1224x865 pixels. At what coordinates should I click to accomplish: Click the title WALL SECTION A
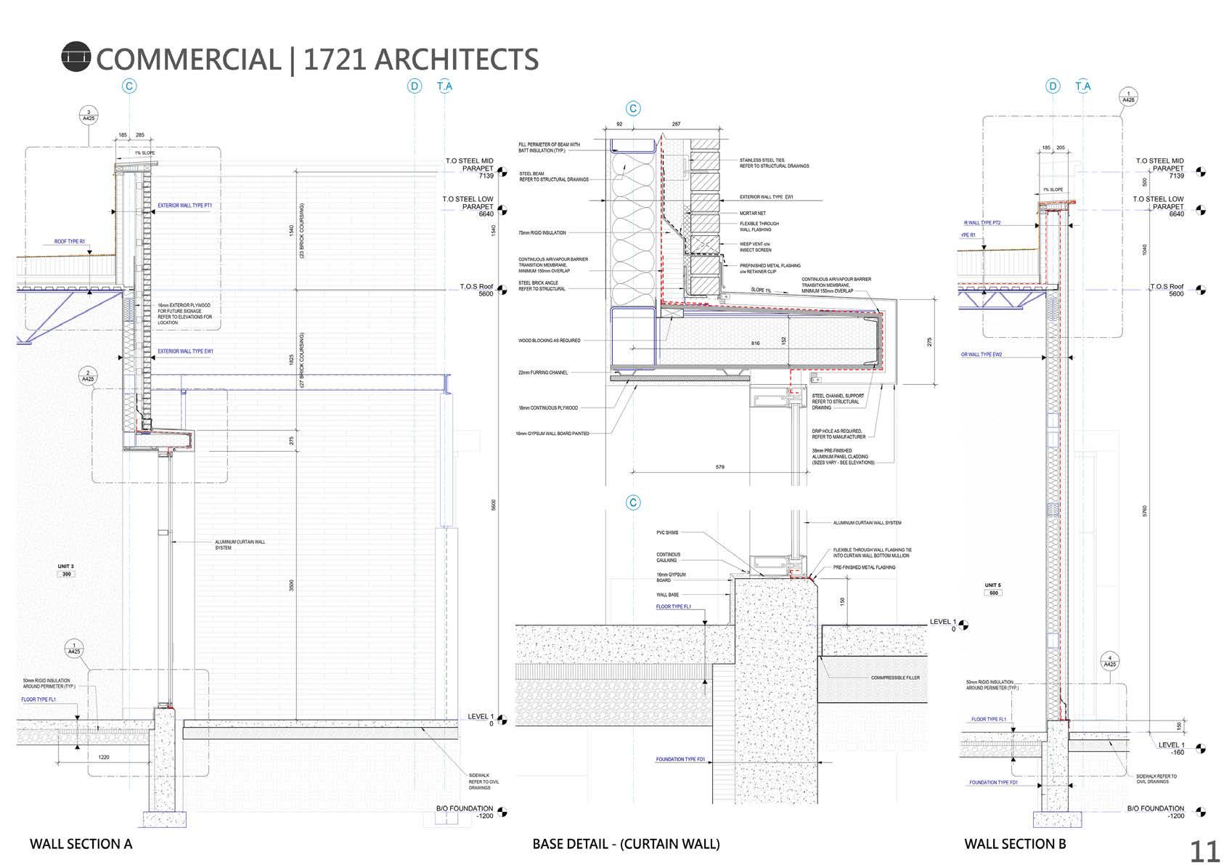[x=81, y=844]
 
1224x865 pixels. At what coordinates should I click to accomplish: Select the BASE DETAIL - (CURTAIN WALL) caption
[x=626, y=844]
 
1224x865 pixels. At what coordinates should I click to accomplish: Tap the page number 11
[x=1204, y=850]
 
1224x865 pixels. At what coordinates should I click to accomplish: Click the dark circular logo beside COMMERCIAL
[x=76, y=57]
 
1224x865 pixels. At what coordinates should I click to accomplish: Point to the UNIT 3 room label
[x=66, y=566]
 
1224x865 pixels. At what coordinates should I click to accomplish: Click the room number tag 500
[x=993, y=593]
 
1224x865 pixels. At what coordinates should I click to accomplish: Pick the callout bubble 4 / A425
[x=1109, y=661]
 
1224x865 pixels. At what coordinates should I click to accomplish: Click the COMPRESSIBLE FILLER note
[x=895, y=678]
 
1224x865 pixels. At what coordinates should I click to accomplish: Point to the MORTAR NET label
[x=753, y=214]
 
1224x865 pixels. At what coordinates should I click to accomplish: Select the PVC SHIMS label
[x=668, y=532]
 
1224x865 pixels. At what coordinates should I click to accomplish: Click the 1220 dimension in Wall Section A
[x=104, y=757]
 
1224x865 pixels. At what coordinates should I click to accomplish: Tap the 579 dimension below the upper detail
[x=719, y=467]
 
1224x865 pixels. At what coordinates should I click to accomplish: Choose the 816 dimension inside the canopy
[x=755, y=343]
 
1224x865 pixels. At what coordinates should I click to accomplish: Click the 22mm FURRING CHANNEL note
[x=543, y=373]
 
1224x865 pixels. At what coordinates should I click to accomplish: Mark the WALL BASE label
[x=667, y=595]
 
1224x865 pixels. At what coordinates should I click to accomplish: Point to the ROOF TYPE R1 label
[x=70, y=241]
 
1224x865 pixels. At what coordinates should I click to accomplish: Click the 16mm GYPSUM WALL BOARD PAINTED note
[x=553, y=434]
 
